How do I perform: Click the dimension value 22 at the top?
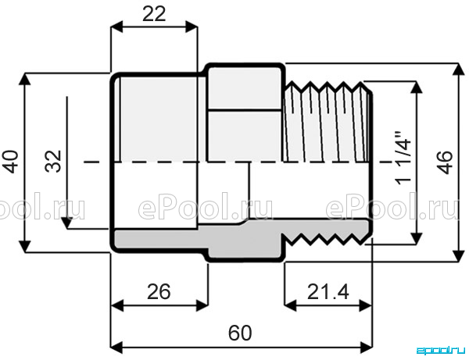[x=154, y=14]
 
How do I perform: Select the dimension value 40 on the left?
[x=11, y=162]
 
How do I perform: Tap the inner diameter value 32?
[x=53, y=162]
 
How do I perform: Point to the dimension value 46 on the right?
[x=445, y=162]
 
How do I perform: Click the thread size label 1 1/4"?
[x=403, y=158]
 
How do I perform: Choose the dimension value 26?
[x=159, y=291]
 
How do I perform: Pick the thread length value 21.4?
[x=328, y=291]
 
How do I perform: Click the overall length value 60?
[x=240, y=333]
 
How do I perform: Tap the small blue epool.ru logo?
[x=442, y=350]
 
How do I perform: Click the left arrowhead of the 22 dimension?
[x=116, y=27]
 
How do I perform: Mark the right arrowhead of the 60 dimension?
[x=367, y=348]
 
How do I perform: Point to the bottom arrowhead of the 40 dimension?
[x=25, y=247]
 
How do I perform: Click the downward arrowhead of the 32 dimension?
[x=66, y=223]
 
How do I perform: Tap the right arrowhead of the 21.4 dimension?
[x=366, y=305]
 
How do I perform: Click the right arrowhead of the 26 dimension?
[x=202, y=305]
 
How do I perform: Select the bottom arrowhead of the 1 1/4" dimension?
[x=416, y=238]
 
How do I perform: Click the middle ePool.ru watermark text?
[x=205, y=207]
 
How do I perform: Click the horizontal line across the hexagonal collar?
[x=245, y=110]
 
